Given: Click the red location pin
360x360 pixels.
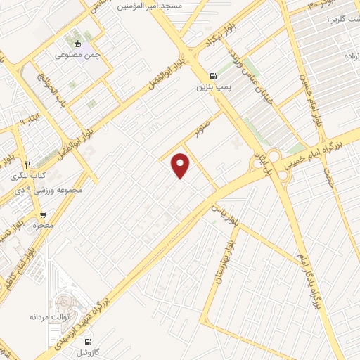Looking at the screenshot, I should click(181, 164).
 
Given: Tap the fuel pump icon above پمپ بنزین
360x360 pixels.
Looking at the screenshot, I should click(212, 76).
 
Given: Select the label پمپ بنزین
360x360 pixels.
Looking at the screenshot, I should click(212, 87).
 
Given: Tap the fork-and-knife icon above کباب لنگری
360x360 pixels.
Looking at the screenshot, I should click(28, 165).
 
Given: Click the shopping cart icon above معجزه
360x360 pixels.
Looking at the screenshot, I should click(44, 215).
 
